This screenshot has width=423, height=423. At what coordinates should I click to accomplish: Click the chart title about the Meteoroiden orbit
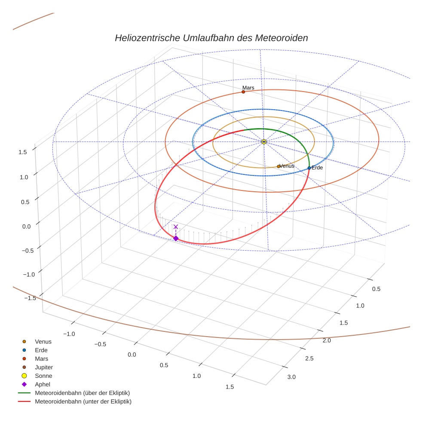point(211,38)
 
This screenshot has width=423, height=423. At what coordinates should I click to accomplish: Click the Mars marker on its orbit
point(243,92)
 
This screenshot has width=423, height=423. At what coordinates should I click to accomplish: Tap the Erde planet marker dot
point(309,168)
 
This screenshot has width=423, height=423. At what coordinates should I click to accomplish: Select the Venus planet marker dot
point(279,166)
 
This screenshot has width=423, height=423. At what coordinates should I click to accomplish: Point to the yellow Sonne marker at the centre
point(264,141)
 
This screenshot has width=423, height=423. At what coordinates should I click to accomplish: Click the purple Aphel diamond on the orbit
point(175,238)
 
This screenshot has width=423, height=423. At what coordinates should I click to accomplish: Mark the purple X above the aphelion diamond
point(175,227)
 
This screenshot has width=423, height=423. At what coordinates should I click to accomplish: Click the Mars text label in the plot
point(248,87)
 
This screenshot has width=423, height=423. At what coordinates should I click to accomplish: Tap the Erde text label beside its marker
point(317,168)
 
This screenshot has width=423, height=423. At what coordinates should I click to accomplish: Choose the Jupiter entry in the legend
point(43,367)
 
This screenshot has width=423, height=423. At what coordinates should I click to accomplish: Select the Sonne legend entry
point(43,376)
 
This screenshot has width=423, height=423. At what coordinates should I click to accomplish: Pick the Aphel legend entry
point(43,384)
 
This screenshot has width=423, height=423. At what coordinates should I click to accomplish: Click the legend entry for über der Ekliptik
point(82,393)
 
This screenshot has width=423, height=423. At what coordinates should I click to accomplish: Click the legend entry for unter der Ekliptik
point(83,402)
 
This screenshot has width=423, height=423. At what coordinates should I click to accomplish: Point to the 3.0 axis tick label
point(291,377)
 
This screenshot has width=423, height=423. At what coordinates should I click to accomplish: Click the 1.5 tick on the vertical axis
point(23,151)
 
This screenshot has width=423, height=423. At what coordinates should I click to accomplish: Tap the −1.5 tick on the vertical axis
point(21,298)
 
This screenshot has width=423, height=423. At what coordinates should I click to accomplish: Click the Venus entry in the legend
point(43,341)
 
